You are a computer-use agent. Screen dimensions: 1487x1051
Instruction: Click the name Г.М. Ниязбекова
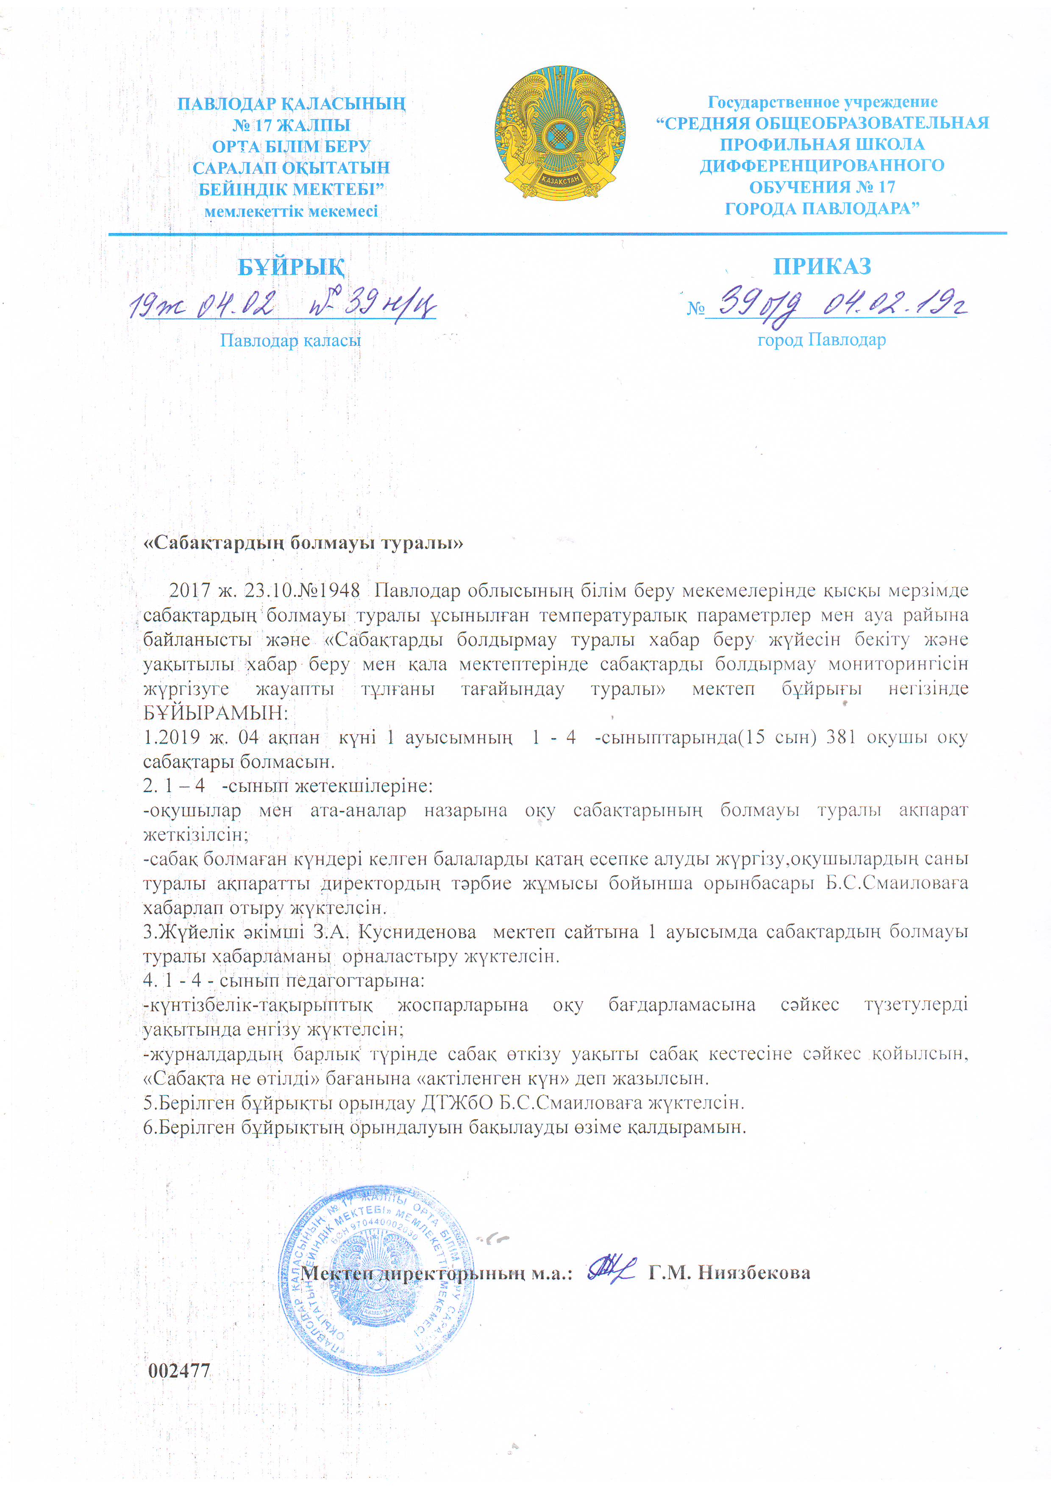(729, 1273)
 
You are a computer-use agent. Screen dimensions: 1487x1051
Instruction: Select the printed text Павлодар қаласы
(290, 340)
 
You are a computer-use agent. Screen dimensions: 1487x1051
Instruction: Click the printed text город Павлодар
(821, 340)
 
